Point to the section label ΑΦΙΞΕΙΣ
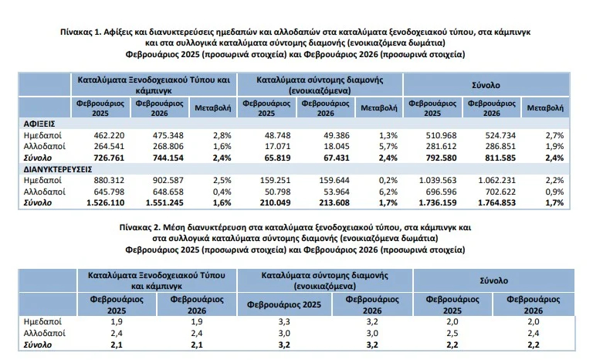click(x=39, y=124)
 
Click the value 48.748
click(x=274, y=135)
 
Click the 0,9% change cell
click(x=542, y=192)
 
